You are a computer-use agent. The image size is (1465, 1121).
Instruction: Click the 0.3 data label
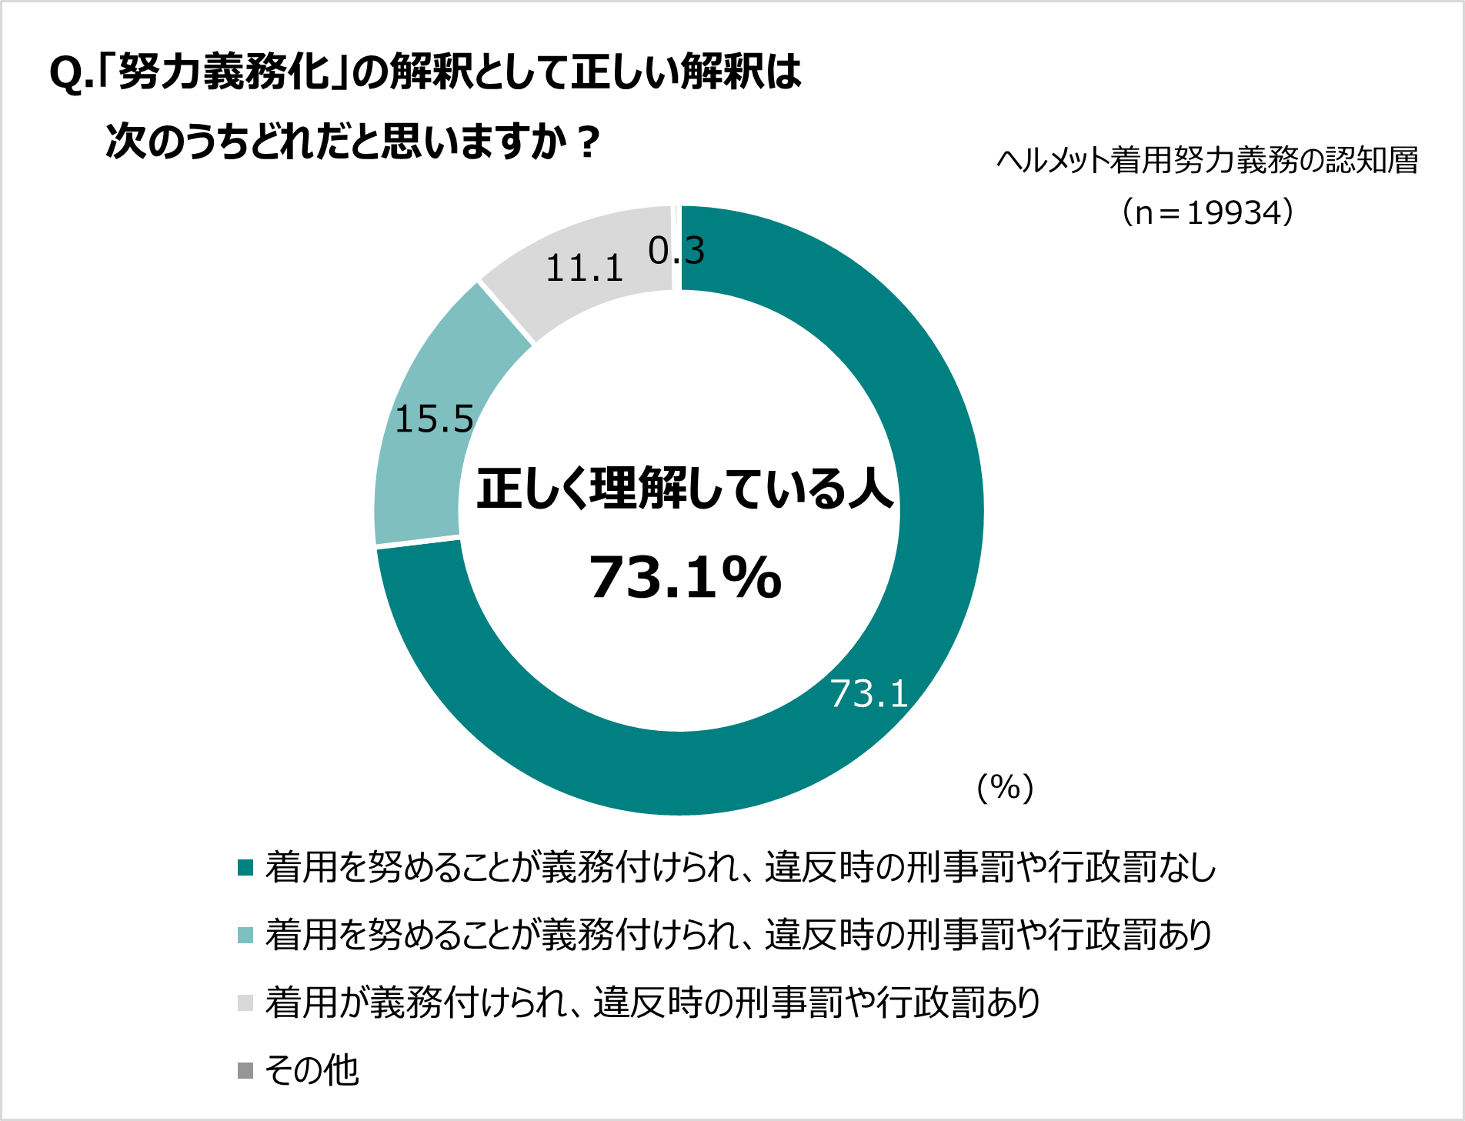tap(676, 251)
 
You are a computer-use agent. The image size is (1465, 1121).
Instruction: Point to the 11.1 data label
tap(584, 269)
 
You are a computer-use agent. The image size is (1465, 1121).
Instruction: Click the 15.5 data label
tap(434, 419)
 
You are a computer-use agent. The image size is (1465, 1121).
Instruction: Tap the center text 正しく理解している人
tap(685, 489)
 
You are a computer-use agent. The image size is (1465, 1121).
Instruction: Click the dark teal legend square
tap(245, 868)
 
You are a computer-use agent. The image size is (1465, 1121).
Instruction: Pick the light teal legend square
tap(245, 936)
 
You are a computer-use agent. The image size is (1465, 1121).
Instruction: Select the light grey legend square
tap(245, 1003)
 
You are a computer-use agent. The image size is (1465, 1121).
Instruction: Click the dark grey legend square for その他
tap(245, 1070)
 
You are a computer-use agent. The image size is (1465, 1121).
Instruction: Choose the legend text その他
tap(312, 1070)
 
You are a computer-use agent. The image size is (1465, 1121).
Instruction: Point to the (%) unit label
tap(1005, 787)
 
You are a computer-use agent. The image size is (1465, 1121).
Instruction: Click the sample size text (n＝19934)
tap(1207, 212)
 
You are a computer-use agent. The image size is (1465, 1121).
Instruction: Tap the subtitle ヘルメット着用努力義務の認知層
tap(1207, 161)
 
